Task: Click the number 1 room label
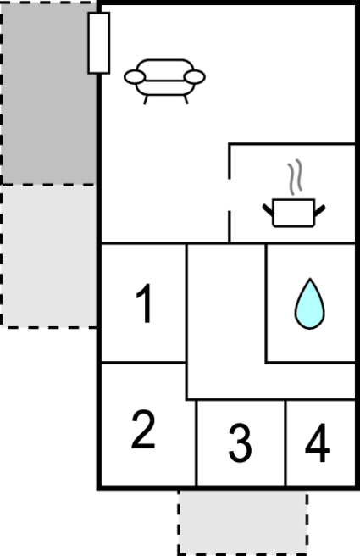pos(145,303)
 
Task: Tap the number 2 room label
pos(143,430)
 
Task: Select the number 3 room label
pos(241,443)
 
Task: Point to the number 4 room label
pos(317,443)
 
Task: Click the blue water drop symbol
pos(310,304)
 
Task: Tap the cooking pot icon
pos(294,212)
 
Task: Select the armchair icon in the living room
pos(164,81)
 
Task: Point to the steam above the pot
pos(295,177)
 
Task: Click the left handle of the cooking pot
pos(268,210)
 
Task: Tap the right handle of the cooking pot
pos(320,211)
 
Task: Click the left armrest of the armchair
pos(135,77)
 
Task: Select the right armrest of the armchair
pos(195,77)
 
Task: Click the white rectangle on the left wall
pos(99,43)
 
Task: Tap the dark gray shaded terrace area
pos(49,93)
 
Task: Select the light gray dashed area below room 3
pos(243,522)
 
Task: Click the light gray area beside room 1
pos(49,256)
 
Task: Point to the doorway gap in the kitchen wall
pos(230,195)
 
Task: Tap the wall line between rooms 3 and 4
pos(285,443)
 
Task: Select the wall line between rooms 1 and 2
pos(143,363)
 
